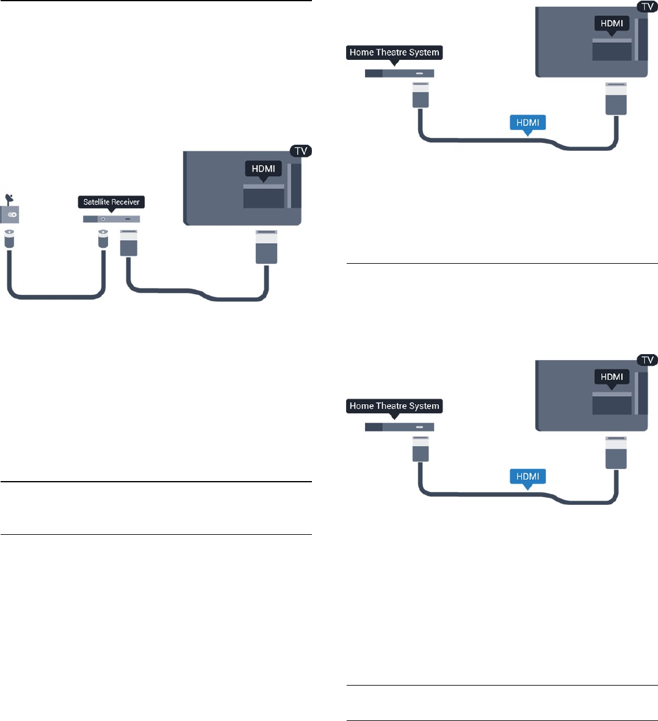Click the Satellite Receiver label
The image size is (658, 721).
pyautogui.click(x=112, y=201)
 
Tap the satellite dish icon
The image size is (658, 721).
pyautogui.click(x=9, y=198)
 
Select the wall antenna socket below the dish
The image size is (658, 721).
pyautogui.click(x=10, y=214)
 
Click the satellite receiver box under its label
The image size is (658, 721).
pyautogui.click(x=112, y=219)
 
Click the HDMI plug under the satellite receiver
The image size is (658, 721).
pyautogui.click(x=129, y=243)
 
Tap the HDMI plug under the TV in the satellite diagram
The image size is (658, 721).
pyautogui.click(x=267, y=247)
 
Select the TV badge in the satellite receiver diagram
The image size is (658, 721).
pyautogui.click(x=301, y=151)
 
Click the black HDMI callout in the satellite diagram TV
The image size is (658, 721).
pyautogui.click(x=263, y=168)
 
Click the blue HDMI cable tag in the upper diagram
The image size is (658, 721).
pyautogui.click(x=527, y=123)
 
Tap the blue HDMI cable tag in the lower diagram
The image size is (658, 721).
pyautogui.click(x=527, y=476)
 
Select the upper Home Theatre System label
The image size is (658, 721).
pyautogui.click(x=394, y=53)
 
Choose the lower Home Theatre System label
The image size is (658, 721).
pyautogui.click(x=394, y=406)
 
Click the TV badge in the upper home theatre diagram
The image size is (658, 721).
pyautogui.click(x=646, y=7)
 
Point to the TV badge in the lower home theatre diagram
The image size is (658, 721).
pyautogui.click(x=646, y=360)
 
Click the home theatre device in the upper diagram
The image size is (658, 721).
pyautogui.click(x=399, y=73)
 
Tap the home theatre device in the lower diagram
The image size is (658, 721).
pyautogui.click(x=399, y=427)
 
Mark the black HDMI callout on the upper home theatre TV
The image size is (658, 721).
pyautogui.click(x=612, y=24)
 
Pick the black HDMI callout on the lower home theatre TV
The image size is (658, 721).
pyautogui.click(x=612, y=377)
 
